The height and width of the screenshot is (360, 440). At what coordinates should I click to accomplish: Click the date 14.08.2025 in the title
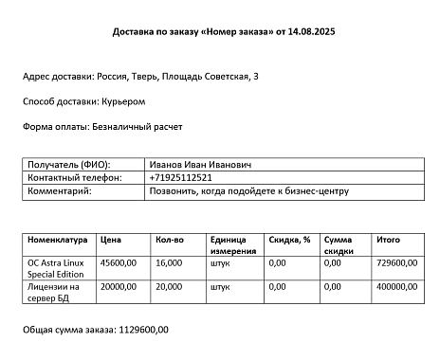(310, 31)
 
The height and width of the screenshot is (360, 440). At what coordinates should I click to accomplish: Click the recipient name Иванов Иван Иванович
(199, 165)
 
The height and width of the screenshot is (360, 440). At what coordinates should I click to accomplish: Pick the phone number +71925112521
(180, 178)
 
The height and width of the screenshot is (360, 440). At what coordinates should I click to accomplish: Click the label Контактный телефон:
(75, 178)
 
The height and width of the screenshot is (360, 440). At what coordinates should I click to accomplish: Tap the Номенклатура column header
(58, 240)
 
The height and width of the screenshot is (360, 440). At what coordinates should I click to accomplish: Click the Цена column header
(111, 240)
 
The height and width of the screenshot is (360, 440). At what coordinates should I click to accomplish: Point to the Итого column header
(388, 240)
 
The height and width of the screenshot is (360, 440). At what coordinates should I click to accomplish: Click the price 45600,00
(119, 262)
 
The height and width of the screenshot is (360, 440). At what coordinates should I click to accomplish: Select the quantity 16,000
(168, 262)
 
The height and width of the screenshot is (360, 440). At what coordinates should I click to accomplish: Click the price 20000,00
(119, 286)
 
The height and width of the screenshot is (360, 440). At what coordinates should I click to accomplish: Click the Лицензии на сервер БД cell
(54, 292)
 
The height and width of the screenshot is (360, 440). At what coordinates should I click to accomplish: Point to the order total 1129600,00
(141, 331)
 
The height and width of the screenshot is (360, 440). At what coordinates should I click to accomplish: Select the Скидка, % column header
(289, 240)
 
